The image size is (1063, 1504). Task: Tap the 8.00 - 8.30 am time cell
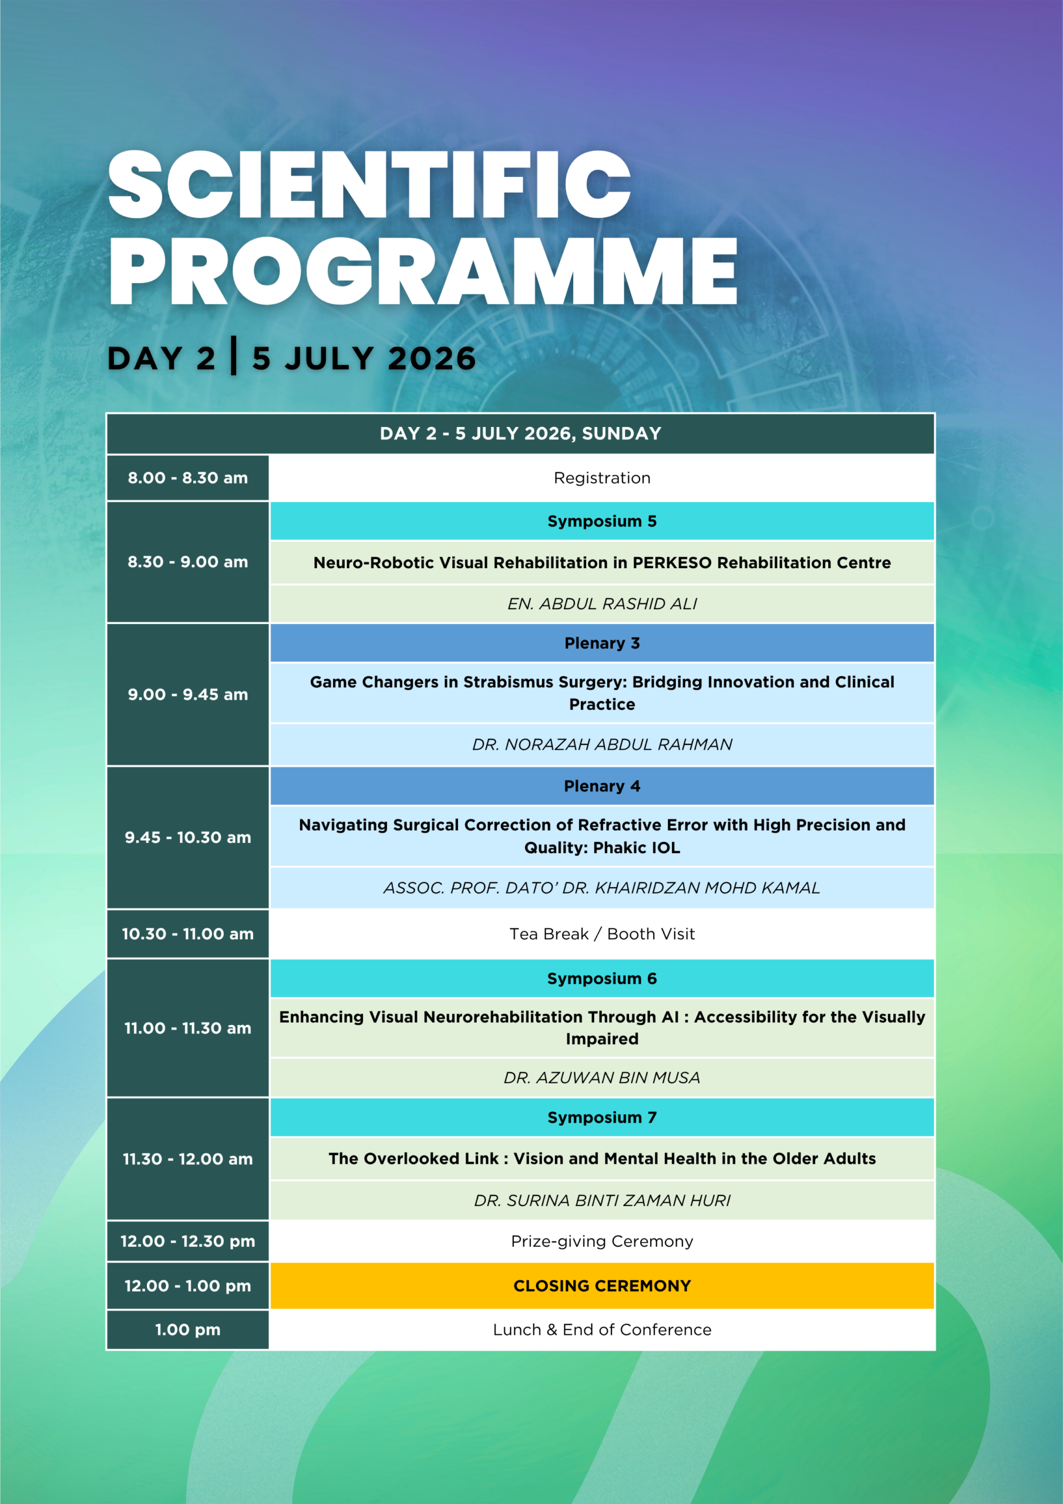tap(188, 478)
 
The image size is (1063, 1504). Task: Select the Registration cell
tap(602, 478)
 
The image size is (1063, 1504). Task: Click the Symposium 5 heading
tap(602, 522)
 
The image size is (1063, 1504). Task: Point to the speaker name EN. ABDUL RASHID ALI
tap(602, 604)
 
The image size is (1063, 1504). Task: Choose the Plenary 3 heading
tap(602, 643)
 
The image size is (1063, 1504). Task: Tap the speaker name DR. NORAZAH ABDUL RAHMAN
tap(602, 745)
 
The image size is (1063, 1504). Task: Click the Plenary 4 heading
tap(602, 786)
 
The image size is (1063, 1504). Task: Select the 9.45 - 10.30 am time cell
tap(188, 838)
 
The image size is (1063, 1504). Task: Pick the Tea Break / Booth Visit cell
tap(602, 934)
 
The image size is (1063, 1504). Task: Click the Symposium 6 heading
tap(602, 979)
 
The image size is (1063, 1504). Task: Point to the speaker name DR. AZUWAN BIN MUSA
tap(602, 1077)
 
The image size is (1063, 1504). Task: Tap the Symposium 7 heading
tap(602, 1117)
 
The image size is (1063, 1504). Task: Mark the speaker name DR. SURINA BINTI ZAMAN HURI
tap(602, 1201)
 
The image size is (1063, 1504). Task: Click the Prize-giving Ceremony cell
tap(602, 1241)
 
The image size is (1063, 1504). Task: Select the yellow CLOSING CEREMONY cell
tap(602, 1286)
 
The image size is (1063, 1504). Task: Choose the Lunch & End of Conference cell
tap(602, 1330)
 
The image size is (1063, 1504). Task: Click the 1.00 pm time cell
tap(188, 1330)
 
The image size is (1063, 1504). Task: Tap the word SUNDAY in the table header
tap(621, 434)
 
